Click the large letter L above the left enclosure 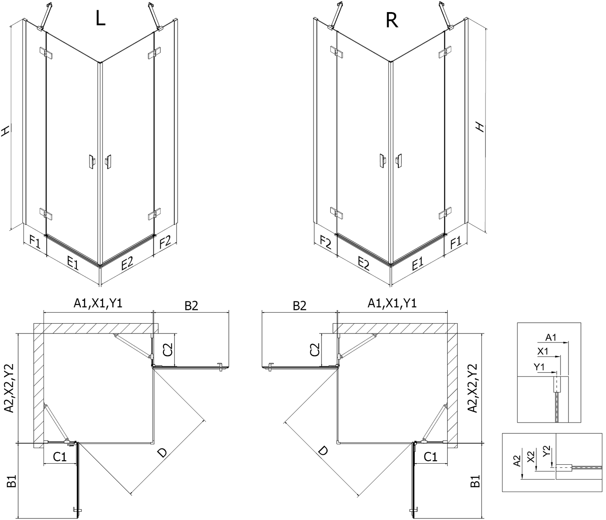tap(100, 18)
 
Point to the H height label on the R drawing tap(480, 127)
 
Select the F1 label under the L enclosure tap(34, 242)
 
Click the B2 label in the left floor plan tap(191, 305)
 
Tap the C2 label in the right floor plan tap(315, 350)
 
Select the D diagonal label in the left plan tap(162, 453)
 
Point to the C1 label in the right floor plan tap(430, 457)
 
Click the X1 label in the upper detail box tap(543, 351)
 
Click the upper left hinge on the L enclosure tap(45, 53)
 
